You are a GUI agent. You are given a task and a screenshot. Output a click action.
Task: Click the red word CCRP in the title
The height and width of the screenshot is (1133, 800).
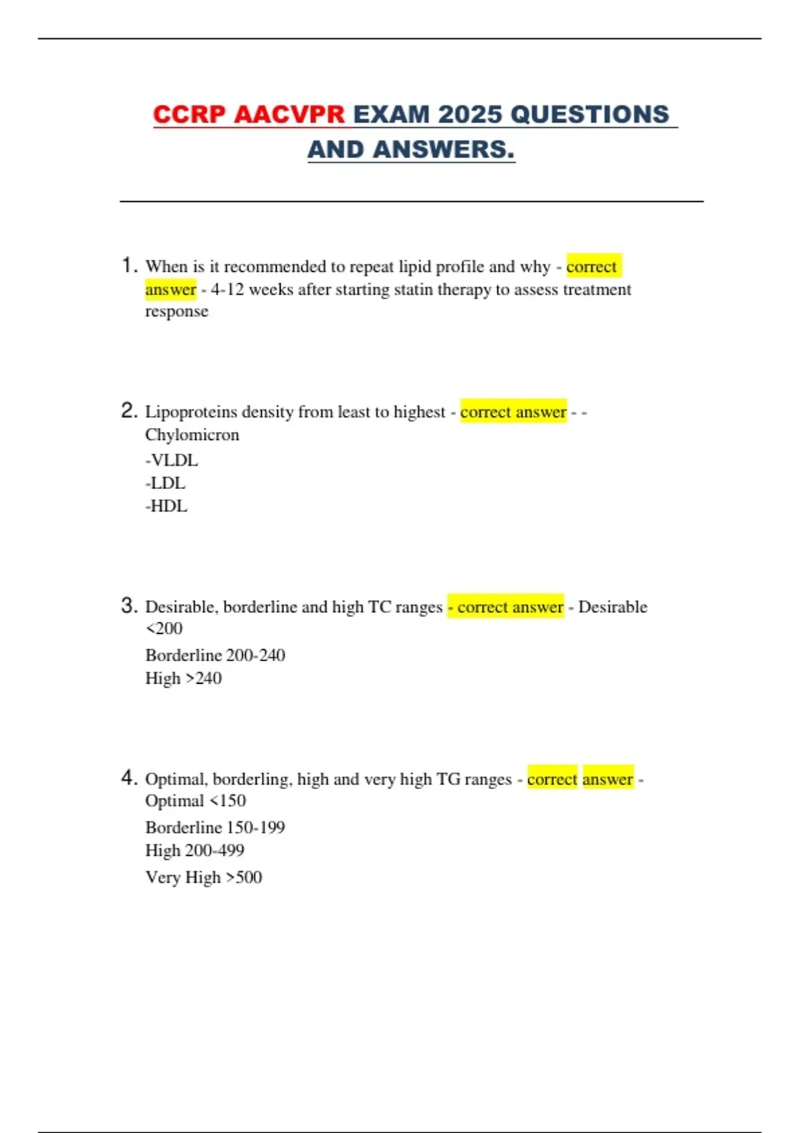click(x=189, y=115)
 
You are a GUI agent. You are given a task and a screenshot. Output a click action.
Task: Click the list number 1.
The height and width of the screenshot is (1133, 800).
click(x=129, y=265)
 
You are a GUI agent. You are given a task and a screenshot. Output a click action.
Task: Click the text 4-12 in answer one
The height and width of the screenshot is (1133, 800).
click(x=227, y=290)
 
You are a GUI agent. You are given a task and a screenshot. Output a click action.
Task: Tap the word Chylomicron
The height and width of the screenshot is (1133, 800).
click(x=192, y=435)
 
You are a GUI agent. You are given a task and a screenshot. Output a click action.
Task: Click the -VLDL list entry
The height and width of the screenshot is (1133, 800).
click(x=171, y=461)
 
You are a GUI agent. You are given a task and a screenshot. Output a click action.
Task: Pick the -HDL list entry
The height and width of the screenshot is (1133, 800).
click(x=166, y=507)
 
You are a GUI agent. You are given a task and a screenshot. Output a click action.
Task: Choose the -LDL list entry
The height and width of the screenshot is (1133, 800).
click(x=165, y=483)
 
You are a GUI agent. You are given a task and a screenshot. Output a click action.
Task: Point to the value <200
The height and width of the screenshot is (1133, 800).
click(x=164, y=628)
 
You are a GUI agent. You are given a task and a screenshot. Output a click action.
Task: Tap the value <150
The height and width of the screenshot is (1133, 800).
click(x=227, y=801)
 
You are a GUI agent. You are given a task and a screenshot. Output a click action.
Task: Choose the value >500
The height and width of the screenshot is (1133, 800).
click(x=244, y=878)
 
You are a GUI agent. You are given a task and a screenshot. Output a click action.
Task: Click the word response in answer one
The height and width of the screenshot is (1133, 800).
click(x=177, y=312)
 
